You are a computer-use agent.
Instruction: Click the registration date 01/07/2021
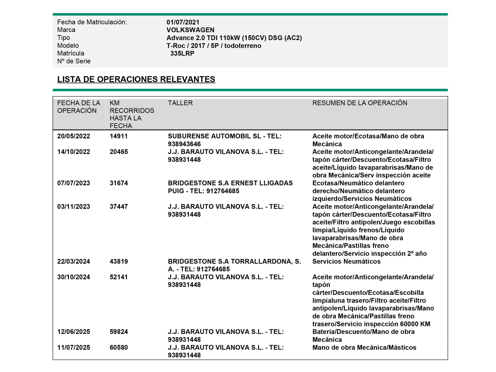pyautogui.click(x=183, y=22)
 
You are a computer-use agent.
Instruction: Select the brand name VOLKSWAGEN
pyautogui.click(x=190, y=30)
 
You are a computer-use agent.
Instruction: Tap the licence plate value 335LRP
pyautogui.click(x=182, y=53)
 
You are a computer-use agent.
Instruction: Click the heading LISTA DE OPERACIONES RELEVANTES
pyautogui.click(x=136, y=79)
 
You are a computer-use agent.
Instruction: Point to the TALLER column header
pyautogui.click(x=180, y=103)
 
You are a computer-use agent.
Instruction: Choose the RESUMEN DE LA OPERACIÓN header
pyautogui.click(x=360, y=103)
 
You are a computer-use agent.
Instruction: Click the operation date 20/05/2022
pyautogui.click(x=73, y=136)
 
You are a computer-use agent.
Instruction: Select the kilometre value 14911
pyautogui.click(x=118, y=136)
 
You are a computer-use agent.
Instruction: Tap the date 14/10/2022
pyautogui.click(x=73, y=152)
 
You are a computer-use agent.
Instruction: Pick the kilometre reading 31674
pyautogui.click(x=118, y=183)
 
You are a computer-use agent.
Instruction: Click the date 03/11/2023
pyautogui.click(x=73, y=207)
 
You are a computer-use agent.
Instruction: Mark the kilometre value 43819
pyautogui.click(x=118, y=261)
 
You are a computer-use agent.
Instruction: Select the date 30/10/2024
pyautogui.click(x=73, y=277)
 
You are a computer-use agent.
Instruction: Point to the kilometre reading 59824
pyautogui.click(x=118, y=332)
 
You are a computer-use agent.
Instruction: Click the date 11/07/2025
pyautogui.click(x=73, y=348)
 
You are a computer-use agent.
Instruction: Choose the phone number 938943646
pyautogui.click(x=184, y=144)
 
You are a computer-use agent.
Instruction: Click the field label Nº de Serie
pyautogui.click(x=74, y=61)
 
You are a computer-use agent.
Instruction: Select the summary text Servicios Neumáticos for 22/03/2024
pyautogui.click(x=346, y=261)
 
